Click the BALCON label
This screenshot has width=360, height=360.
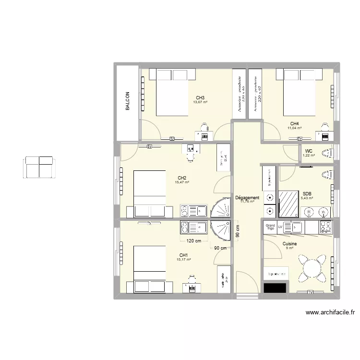pos(127,102)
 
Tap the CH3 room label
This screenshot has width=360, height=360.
pos(200,97)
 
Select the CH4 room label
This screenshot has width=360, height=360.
pos(294,123)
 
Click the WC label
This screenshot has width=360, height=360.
pos(309,151)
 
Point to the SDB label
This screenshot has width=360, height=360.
pos(307,194)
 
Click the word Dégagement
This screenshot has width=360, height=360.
pos(248,197)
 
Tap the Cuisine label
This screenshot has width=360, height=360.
pos(289,244)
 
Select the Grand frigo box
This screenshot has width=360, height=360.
pos(270,227)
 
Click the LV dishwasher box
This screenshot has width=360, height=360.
pos(280,227)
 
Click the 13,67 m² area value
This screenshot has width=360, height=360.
pos(200,102)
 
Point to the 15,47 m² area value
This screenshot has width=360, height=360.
pos(182,182)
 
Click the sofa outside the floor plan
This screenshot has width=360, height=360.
pos(38,167)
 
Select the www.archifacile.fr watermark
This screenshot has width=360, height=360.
pos(330,312)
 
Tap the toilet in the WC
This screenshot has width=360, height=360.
pos(328,154)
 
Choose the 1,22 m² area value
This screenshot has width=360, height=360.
pos(309,156)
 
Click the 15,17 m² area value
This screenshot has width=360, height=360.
pos(184,260)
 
